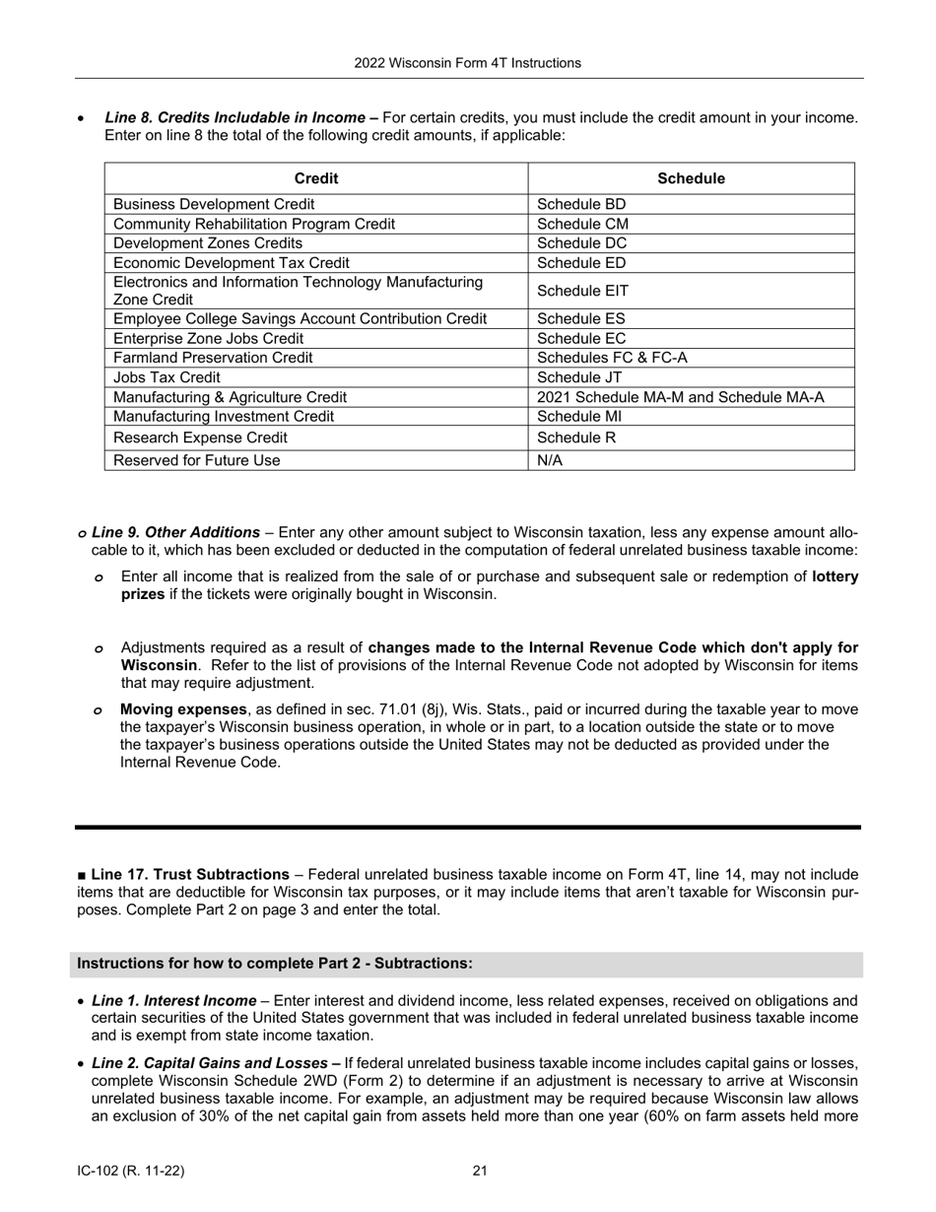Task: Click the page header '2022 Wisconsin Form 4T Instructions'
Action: tap(467, 63)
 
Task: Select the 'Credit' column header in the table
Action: tap(316, 178)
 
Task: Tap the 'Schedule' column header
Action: tap(691, 178)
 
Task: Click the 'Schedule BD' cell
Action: tap(581, 205)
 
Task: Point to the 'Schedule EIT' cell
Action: tap(582, 291)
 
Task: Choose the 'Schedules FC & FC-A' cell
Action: tap(612, 358)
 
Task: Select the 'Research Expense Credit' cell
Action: tap(201, 438)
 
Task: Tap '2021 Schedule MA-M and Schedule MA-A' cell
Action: tap(681, 397)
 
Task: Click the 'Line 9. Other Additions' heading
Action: tap(175, 532)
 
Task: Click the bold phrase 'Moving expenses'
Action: tap(183, 709)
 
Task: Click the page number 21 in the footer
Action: tap(480, 1172)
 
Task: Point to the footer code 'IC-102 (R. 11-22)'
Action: tap(131, 1172)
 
